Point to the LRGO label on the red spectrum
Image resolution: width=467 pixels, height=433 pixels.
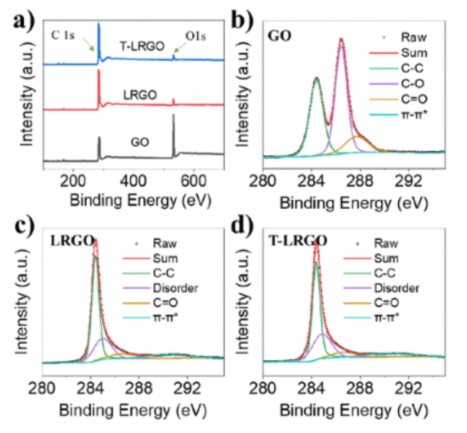[x=138, y=94]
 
